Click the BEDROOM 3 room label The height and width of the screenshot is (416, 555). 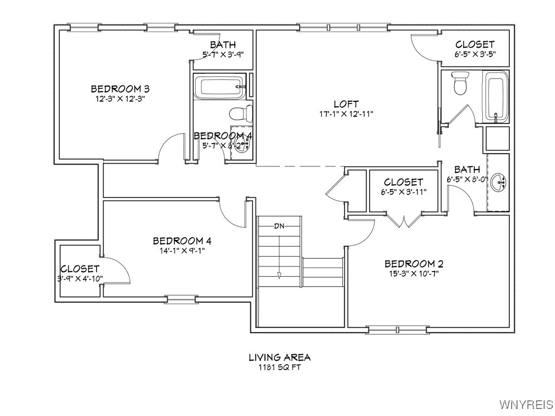point(120,89)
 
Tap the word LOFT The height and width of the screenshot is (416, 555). point(346,104)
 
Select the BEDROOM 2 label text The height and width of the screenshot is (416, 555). point(414,264)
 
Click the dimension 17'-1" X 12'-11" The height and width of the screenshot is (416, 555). point(346,114)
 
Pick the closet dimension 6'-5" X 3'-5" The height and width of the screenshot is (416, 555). point(474,54)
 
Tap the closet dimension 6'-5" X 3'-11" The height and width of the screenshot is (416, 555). point(403,192)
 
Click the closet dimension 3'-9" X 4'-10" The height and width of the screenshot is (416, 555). point(80,278)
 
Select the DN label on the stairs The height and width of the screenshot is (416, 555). point(279,225)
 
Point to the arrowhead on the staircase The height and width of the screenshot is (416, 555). point(279,275)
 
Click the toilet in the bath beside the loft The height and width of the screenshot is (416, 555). point(460,82)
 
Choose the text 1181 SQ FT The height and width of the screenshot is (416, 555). point(279,367)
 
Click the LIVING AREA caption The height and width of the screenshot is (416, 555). point(279,357)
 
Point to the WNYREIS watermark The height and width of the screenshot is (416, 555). point(526,405)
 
